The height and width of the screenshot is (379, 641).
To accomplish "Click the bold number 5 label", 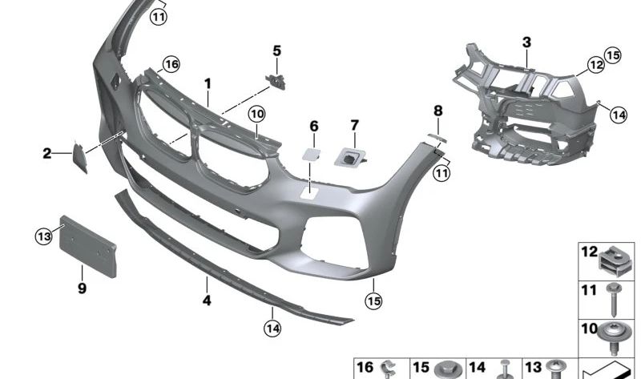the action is pyautogui.click(x=276, y=51).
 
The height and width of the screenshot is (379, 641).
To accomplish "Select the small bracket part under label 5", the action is pyautogui.click(x=276, y=82).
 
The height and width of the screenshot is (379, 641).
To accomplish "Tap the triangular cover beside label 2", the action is pyautogui.click(x=79, y=156).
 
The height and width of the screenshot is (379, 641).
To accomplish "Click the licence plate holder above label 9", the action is pyautogui.click(x=88, y=246).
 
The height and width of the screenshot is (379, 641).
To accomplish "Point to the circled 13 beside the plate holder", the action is pyautogui.click(x=44, y=236).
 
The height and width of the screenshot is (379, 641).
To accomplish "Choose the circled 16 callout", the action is pyautogui.click(x=171, y=64).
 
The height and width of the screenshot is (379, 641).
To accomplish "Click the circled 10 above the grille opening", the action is pyautogui.click(x=256, y=114).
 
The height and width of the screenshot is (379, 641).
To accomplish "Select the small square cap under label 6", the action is pyautogui.click(x=311, y=154).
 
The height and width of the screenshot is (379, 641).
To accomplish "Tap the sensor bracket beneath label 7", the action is pyautogui.click(x=349, y=157).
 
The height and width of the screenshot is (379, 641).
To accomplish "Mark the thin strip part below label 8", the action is pyautogui.click(x=437, y=138).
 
